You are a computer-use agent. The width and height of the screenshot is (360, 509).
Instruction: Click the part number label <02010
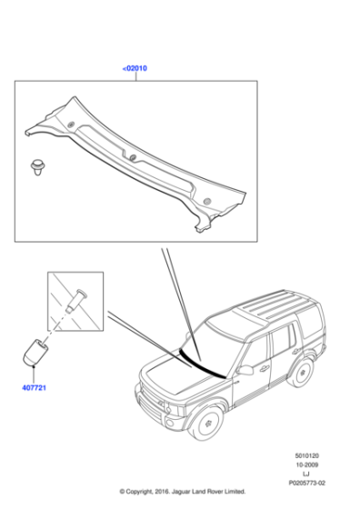(135, 68)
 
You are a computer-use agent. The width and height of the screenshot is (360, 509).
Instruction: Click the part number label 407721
(34, 388)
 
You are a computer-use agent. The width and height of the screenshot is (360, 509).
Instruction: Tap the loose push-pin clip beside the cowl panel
(38, 167)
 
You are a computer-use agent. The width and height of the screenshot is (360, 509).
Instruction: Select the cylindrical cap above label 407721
(35, 353)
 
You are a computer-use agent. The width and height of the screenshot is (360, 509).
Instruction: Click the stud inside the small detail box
(76, 301)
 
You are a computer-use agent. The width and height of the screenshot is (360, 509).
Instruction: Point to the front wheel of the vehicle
(206, 423)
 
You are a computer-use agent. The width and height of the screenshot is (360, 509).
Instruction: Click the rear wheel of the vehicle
(303, 373)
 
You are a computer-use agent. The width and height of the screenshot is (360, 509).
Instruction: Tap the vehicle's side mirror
(245, 370)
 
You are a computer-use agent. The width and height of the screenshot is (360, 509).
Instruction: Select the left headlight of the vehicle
(173, 409)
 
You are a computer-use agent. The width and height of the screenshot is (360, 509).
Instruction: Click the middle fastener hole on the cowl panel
(133, 157)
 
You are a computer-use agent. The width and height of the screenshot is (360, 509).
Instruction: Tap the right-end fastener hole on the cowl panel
(206, 202)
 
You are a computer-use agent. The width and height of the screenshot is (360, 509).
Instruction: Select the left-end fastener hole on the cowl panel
(71, 124)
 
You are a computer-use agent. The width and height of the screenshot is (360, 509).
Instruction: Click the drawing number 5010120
(306, 455)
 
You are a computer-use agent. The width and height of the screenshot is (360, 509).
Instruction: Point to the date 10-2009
(306, 464)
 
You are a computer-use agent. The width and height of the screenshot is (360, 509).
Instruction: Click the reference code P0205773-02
(306, 483)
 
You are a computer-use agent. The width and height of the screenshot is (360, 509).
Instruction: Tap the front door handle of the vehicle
(265, 368)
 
